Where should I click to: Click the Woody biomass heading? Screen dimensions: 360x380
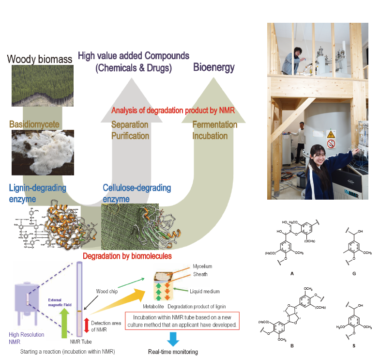point(39,59)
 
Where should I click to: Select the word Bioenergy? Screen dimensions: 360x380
point(213,67)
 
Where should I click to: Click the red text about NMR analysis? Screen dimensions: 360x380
point(173,110)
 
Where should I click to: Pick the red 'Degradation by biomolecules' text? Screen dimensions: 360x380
point(127,255)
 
